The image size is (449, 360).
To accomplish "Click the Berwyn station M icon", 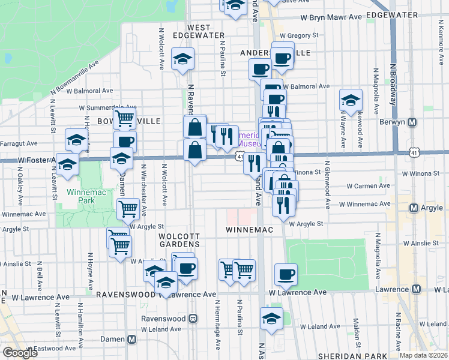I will [412, 122].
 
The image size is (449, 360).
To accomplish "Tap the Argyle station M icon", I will [413, 208].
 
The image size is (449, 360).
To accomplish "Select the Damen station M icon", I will [131, 339].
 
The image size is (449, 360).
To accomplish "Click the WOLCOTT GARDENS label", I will [179, 240].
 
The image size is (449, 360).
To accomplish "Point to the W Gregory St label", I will [298, 36].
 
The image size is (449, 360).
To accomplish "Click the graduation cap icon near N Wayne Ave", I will [351, 100].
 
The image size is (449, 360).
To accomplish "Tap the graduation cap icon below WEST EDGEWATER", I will [182, 59].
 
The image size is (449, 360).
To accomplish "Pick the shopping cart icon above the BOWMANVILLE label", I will [124, 118].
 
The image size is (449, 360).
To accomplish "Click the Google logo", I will [20, 353].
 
